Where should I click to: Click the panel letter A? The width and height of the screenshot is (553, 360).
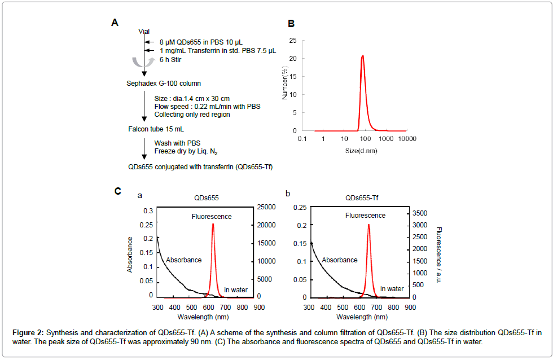(x=115, y=23)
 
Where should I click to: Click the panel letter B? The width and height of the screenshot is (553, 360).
(x=291, y=24)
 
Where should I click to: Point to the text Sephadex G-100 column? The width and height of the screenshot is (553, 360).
(x=160, y=84)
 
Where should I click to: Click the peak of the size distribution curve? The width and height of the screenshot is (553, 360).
(x=362, y=55)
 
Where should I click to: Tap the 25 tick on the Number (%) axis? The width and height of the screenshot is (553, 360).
(x=309, y=41)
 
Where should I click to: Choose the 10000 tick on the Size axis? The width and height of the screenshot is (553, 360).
(x=407, y=139)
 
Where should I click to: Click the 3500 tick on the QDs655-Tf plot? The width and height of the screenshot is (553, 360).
(x=422, y=213)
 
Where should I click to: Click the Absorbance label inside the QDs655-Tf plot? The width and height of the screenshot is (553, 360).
(x=340, y=260)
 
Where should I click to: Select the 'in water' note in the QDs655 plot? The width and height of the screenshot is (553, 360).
(x=236, y=290)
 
